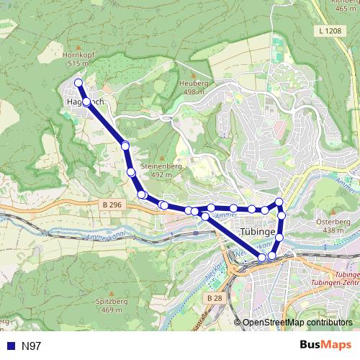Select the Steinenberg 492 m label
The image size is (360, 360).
click(161, 170)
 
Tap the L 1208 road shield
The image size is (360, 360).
click(328, 30)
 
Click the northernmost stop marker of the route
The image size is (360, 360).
click(78, 82)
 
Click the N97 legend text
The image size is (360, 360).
click(32, 346)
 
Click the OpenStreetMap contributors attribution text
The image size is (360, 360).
click(297, 323)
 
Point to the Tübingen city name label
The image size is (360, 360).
click(260, 233)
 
